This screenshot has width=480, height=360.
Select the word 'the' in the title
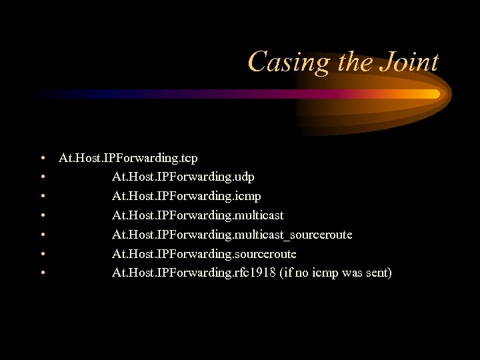(353, 62)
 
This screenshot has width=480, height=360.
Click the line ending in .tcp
(128, 158)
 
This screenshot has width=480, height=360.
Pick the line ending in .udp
(183, 177)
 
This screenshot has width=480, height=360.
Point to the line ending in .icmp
(186, 196)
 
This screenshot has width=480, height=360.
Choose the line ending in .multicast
(197, 215)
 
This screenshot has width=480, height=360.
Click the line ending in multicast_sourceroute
(232, 235)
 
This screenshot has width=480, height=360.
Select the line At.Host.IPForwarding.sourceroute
(204, 254)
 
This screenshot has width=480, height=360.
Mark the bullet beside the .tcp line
(42, 159)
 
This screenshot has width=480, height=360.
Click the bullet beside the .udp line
(42, 178)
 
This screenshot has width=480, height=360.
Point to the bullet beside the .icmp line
(42, 197)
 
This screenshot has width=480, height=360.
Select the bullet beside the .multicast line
(42, 216)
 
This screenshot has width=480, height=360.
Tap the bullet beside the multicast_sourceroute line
(42, 235)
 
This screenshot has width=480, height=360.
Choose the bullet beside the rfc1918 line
(42, 273)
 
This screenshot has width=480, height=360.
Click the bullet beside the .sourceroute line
(42, 255)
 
